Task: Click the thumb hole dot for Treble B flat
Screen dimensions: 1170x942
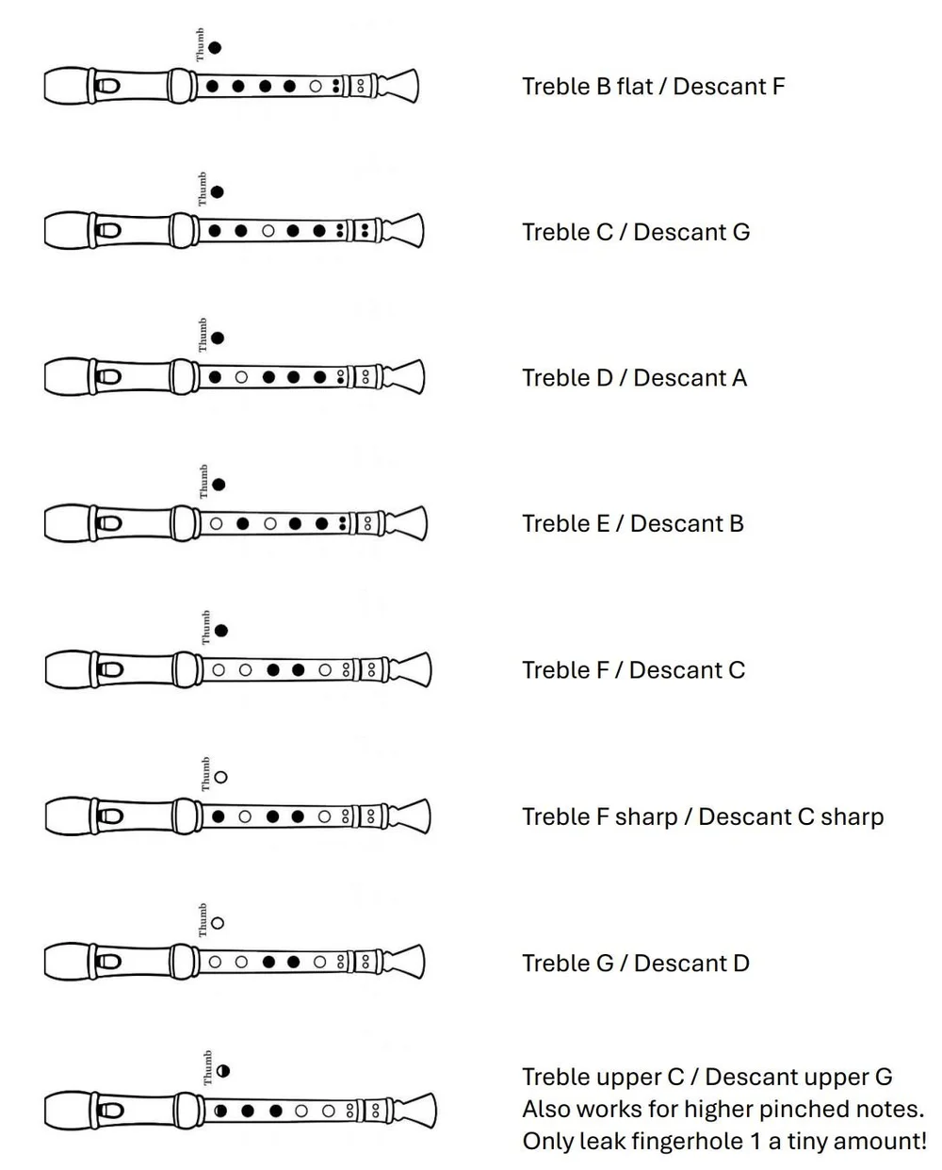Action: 215,47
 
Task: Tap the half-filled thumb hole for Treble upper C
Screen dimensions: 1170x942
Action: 223,1071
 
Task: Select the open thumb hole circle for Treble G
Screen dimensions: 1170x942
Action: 218,923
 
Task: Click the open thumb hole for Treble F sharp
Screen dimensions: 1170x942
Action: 220,778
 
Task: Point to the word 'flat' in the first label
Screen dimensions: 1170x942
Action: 634,87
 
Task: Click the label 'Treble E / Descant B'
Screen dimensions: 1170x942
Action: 633,524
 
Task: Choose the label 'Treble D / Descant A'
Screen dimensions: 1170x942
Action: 634,378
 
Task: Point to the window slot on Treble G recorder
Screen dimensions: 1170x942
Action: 109,963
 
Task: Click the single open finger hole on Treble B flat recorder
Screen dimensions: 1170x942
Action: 316,87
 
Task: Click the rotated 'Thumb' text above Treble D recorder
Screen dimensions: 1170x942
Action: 203,336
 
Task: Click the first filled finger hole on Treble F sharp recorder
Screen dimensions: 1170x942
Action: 219,816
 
